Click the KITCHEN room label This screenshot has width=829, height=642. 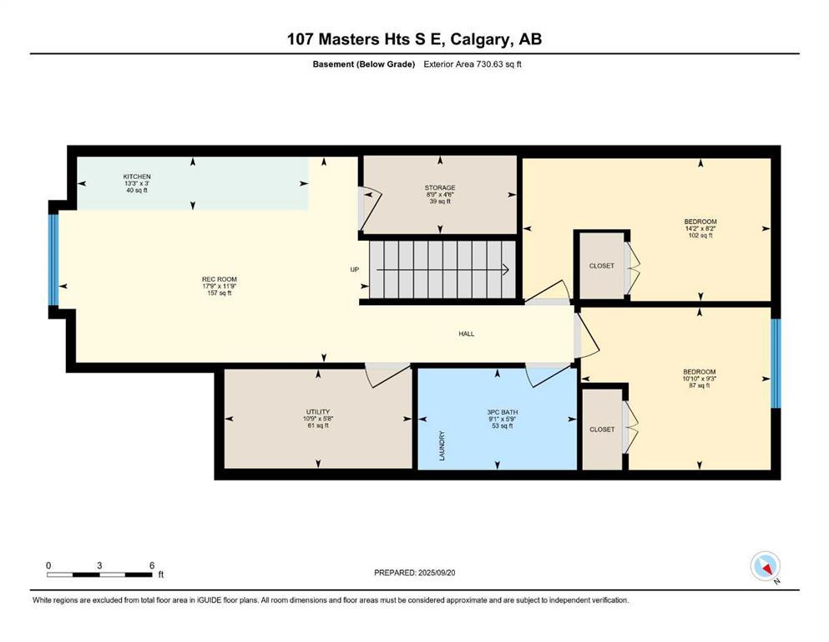137,176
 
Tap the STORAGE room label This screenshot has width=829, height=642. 440,188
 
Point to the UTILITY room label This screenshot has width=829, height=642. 317,411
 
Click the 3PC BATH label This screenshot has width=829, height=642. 498,411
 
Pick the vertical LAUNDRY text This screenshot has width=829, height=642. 442,446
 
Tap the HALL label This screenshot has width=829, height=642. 466,334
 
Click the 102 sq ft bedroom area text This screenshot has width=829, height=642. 700,236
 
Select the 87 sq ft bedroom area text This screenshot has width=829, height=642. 700,385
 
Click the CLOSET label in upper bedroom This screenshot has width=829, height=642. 601,266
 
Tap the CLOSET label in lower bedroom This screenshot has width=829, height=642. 601,429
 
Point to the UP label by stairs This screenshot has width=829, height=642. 354,269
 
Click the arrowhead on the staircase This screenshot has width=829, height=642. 505,269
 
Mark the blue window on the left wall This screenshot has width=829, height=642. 53,260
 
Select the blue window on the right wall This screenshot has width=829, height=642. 775,363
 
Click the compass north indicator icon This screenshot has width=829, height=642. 765,566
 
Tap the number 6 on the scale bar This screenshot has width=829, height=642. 151,566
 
